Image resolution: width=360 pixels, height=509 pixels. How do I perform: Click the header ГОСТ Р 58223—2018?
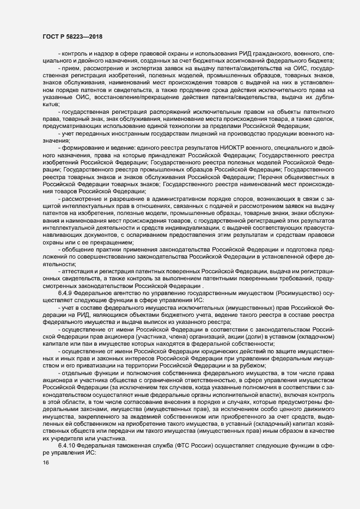pyautogui.click(x=71, y=36)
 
